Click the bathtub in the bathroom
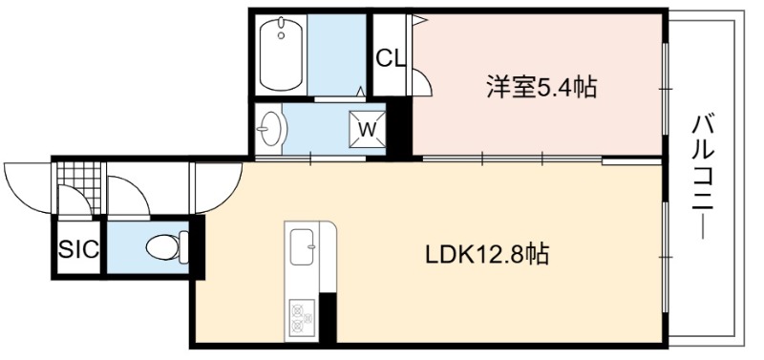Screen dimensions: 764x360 [x=281, y=54]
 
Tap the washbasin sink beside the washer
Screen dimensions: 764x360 [x=271, y=129]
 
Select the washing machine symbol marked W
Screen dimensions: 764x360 [x=367, y=129]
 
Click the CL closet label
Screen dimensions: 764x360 [x=391, y=59]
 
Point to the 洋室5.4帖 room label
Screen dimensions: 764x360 [x=541, y=87]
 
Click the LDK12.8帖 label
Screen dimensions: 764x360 [x=488, y=254]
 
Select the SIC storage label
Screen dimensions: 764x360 [x=79, y=250]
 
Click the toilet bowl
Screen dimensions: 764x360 [x=167, y=247]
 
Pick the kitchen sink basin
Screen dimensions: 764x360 [x=302, y=246]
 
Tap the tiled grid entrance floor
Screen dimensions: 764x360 [x=78, y=180]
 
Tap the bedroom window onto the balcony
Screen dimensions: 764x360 [x=665, y=89]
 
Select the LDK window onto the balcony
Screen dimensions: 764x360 [x=665, y=256]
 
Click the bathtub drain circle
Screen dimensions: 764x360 [x=281, y=35]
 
